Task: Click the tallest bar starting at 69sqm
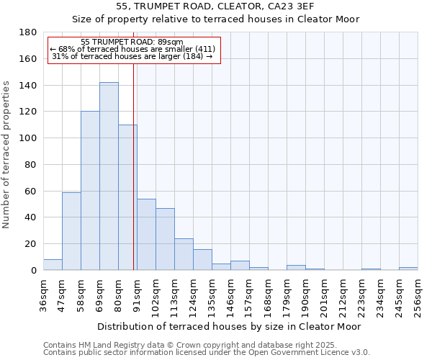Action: [x=109, y=176]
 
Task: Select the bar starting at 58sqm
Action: [x=90, y=191]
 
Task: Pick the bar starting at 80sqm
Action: [x=127, y=197]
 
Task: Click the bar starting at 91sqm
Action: [x=146, y=235]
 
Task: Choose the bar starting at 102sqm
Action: [x=165, y=239]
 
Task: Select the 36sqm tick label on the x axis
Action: [x=44, y=291]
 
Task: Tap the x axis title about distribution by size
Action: [x=230, y=326]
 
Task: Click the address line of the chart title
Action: [x=215, y=6]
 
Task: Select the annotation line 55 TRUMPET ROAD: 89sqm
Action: [x=132, y=42]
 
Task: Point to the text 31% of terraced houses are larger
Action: [x=132, y=56]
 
